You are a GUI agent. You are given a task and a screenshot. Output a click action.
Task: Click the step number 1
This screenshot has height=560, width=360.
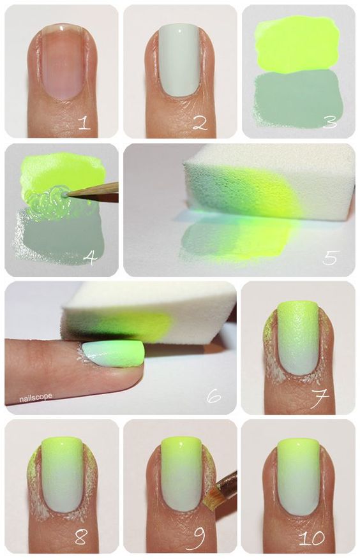click(85, 122)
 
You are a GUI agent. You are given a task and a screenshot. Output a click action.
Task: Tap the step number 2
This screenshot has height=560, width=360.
click(200, 122)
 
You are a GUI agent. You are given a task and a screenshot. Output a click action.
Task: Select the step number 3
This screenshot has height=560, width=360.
click(330, 121)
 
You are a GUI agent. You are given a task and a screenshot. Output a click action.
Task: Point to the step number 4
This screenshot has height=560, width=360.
click(90, 257)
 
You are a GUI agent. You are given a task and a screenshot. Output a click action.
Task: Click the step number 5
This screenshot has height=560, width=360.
click(330, 257)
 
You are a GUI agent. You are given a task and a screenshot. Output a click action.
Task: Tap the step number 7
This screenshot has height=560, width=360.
click(319, 398)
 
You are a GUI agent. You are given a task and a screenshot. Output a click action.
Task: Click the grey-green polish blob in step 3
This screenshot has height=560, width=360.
click(297, 98)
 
